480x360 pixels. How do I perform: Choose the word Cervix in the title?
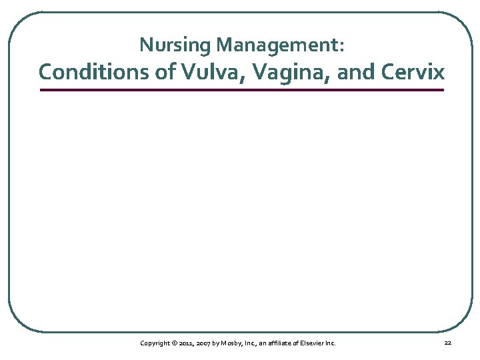point(414,72)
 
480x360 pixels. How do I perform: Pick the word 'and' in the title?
point(354,72)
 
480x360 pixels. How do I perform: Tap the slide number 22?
point(447,343)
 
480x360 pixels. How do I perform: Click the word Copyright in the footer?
point(155,343)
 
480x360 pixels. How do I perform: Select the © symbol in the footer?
point(175,343)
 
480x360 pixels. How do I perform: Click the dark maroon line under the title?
point(241,90)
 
